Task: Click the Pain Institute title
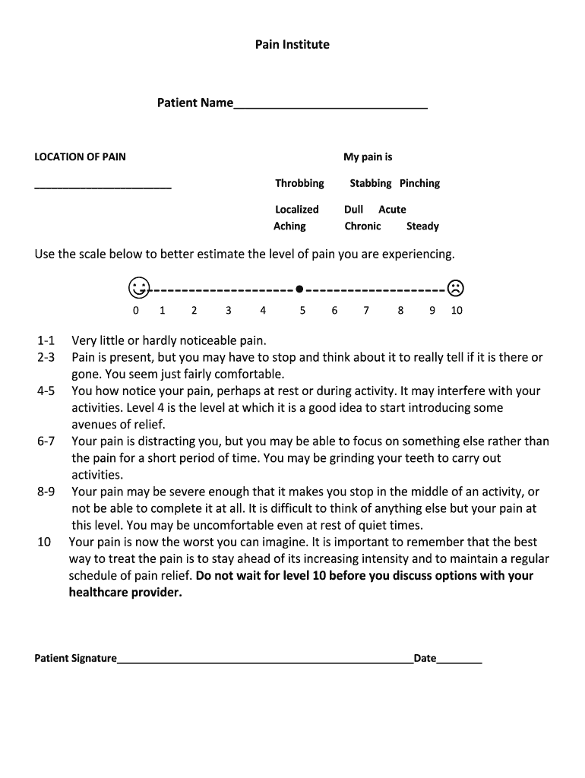click(292, 45)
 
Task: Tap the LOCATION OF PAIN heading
click(81, 157)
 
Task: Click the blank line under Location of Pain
click(103, 186)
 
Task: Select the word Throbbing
click(299, 183)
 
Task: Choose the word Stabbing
click(370, 183)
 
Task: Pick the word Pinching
click(419, 183)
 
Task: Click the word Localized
click(297, 210)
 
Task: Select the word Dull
click(353, 210)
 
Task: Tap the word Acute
click(392, 210)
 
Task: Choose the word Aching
click(289, 226)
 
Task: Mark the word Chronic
click(362, 226)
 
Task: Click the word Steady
click(422, 226)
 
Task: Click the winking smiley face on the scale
click(138, 288)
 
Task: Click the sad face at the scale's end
click(455, 288)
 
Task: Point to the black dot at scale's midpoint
click(299, 289)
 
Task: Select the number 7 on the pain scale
click(366, 310)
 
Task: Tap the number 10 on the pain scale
click(457, 310)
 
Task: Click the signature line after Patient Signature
click(264, 661)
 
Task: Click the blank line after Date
click(459, 661)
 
